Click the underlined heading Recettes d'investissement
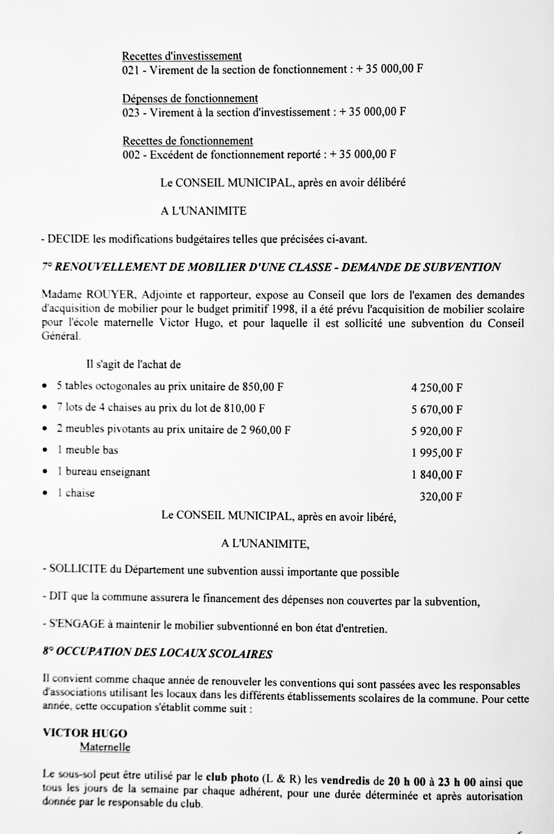coord(182,56)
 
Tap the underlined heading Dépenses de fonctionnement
coord(190,98)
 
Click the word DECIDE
coord(69,239)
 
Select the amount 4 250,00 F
coord(437,388)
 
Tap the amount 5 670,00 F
coord(437,410)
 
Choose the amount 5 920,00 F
coord(437,431)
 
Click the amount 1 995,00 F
coord(437,453)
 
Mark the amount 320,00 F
coord(441,497)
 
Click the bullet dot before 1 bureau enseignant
coord(45,472)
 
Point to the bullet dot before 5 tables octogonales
coord(45,386)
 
